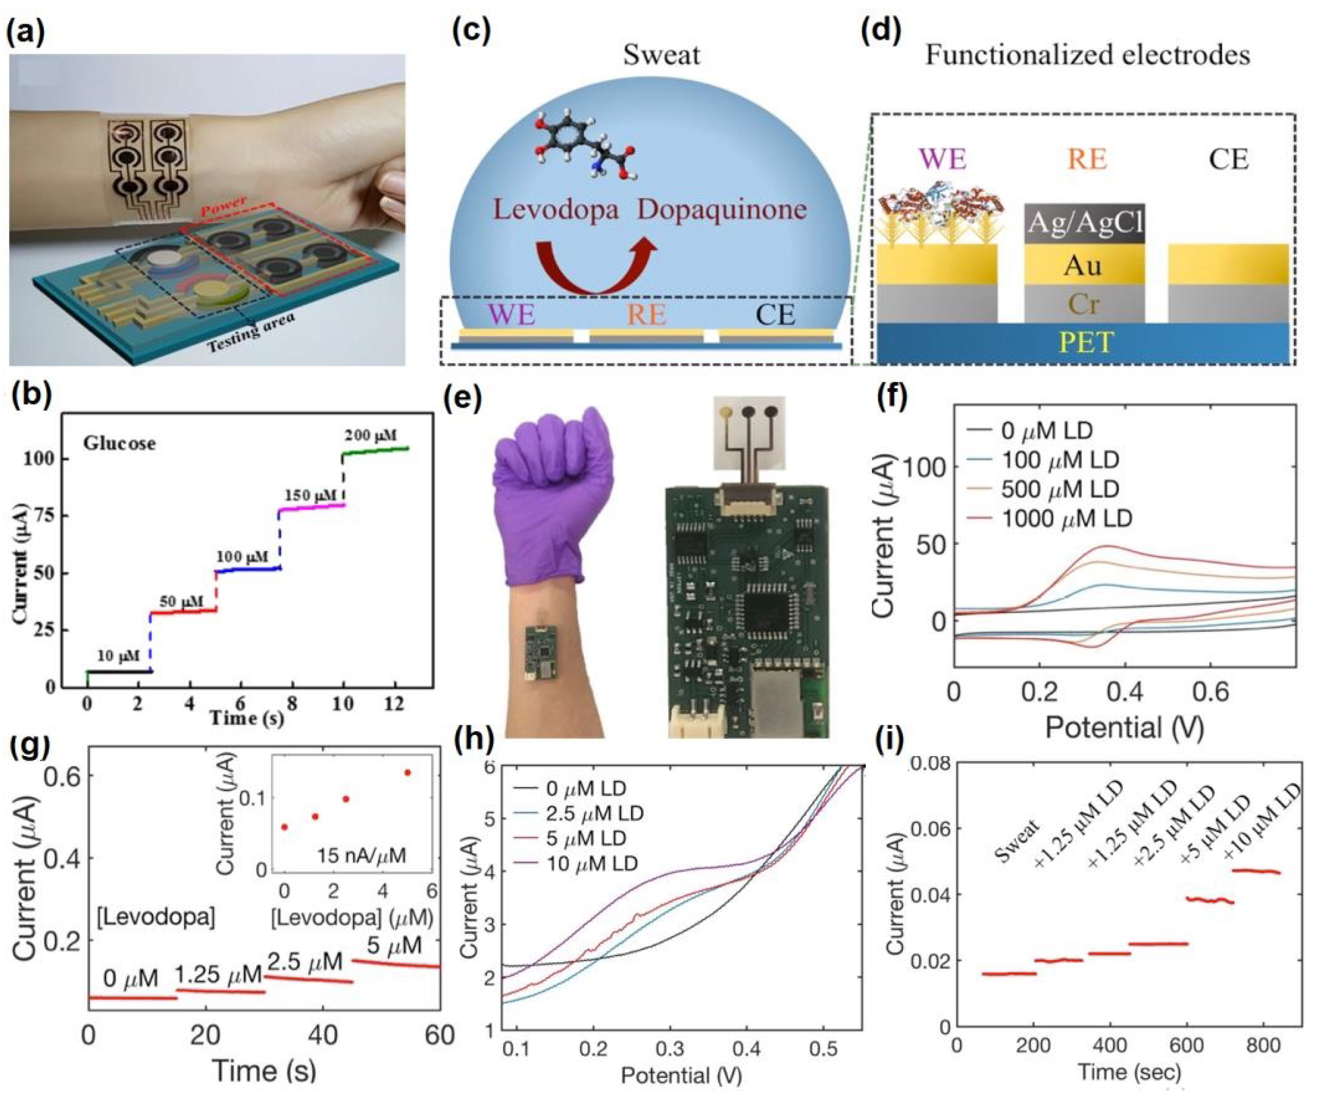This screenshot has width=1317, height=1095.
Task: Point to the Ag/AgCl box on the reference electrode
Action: (1084, 223)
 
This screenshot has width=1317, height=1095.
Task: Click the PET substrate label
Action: (1087, 342)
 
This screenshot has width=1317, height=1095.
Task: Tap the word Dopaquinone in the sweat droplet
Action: (721, 209)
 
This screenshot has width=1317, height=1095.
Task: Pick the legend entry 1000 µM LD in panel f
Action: (1066, 518)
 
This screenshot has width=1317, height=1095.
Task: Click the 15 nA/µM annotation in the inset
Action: (361, 855)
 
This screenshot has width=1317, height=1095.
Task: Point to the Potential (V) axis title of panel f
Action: (1125, 727)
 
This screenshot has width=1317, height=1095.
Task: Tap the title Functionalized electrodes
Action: (1087, 55)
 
